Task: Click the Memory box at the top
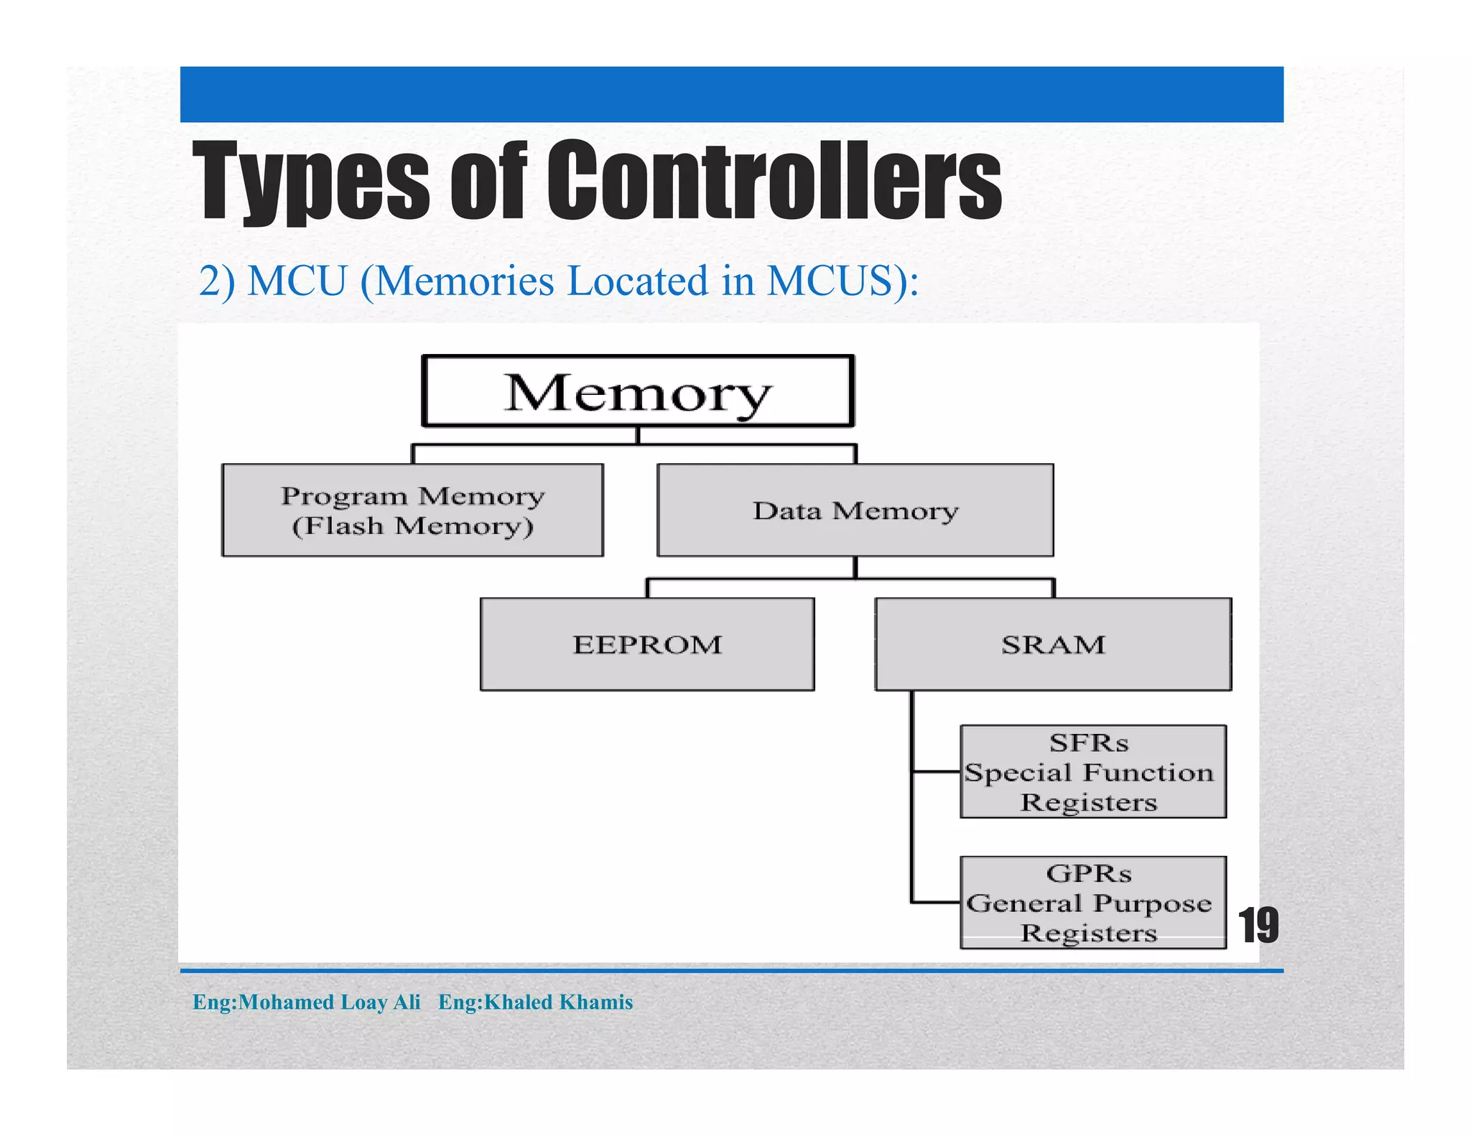pyautogui.click(x=637, y=391)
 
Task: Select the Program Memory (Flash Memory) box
pyautogui.click(x=412, y=510)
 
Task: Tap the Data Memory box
pyautogui.click(x=855, y=510)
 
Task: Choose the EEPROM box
pyautogui.click(x=646, y=644)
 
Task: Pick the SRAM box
pyautogui.click(x=1053, y=644)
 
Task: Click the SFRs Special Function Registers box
pyautogui.click(x=1092, y=771)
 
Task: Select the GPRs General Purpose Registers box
pyautogui.click(x=1092, y=902)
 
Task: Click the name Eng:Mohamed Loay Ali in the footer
pyautogui.click(x=306, y=1002)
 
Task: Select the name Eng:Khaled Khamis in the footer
pyautogui.click(x=535, y=1002)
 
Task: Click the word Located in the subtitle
pyautogui.click(x=638, y=281)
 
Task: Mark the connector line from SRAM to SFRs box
pyautogui.click(x=936, y=772)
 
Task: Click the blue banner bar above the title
pyautogui.click(x=731, y=94)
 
